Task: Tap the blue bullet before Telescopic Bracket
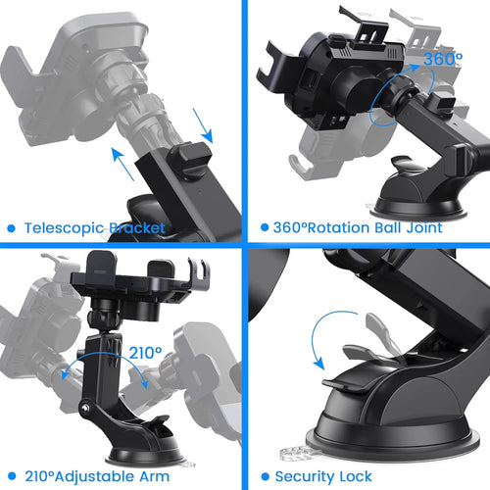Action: point(12,228)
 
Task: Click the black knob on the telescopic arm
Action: point(188,159)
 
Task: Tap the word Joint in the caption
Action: point(421,228)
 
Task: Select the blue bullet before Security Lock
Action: point(265,477)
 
